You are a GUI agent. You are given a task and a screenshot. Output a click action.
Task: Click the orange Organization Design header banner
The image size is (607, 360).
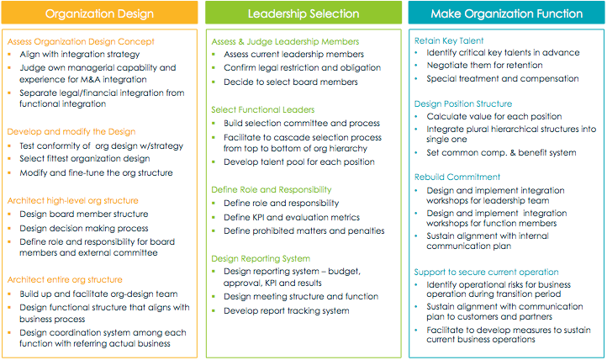point(99,13)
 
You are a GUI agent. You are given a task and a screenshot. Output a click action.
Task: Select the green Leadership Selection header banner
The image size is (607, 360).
point(303,13)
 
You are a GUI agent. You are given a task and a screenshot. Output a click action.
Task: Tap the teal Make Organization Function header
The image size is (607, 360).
point(506,13)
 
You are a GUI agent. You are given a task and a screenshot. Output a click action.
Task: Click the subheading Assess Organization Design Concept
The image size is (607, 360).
point(81,41)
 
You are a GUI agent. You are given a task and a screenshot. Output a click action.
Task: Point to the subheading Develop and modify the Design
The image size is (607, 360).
point(71,131)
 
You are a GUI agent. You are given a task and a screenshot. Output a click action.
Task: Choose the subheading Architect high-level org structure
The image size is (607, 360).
point(73,200)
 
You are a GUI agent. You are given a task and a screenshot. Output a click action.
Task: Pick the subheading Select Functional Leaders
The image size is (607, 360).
point(263,109)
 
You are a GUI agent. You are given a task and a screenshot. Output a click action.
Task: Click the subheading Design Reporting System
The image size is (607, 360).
point(261,258)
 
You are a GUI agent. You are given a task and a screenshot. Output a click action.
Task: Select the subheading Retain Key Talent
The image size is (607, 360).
point(449,40)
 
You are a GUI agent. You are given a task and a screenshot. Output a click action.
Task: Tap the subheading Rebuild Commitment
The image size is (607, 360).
point(457,177)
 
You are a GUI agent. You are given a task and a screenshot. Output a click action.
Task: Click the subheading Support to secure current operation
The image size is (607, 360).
point(486,273)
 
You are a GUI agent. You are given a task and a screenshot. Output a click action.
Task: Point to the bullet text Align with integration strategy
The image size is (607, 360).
point(80,54)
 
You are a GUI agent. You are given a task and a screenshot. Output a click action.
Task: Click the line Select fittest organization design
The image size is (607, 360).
point(85,159)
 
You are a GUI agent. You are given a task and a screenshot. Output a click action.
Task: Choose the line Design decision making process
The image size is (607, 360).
point(84,229)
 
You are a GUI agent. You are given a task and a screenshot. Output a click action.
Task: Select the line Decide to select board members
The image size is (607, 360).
point(291,82)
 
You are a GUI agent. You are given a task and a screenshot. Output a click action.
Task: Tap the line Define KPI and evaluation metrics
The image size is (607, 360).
point(292,218)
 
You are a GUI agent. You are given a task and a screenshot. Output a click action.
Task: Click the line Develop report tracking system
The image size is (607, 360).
point(287,311)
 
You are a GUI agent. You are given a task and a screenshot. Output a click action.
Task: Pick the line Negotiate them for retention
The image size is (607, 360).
point(484,65)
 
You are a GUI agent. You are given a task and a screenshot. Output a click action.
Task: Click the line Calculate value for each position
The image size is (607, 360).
point(494,117)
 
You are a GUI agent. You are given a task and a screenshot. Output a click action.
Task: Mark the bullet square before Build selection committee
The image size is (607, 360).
point(214,124)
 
